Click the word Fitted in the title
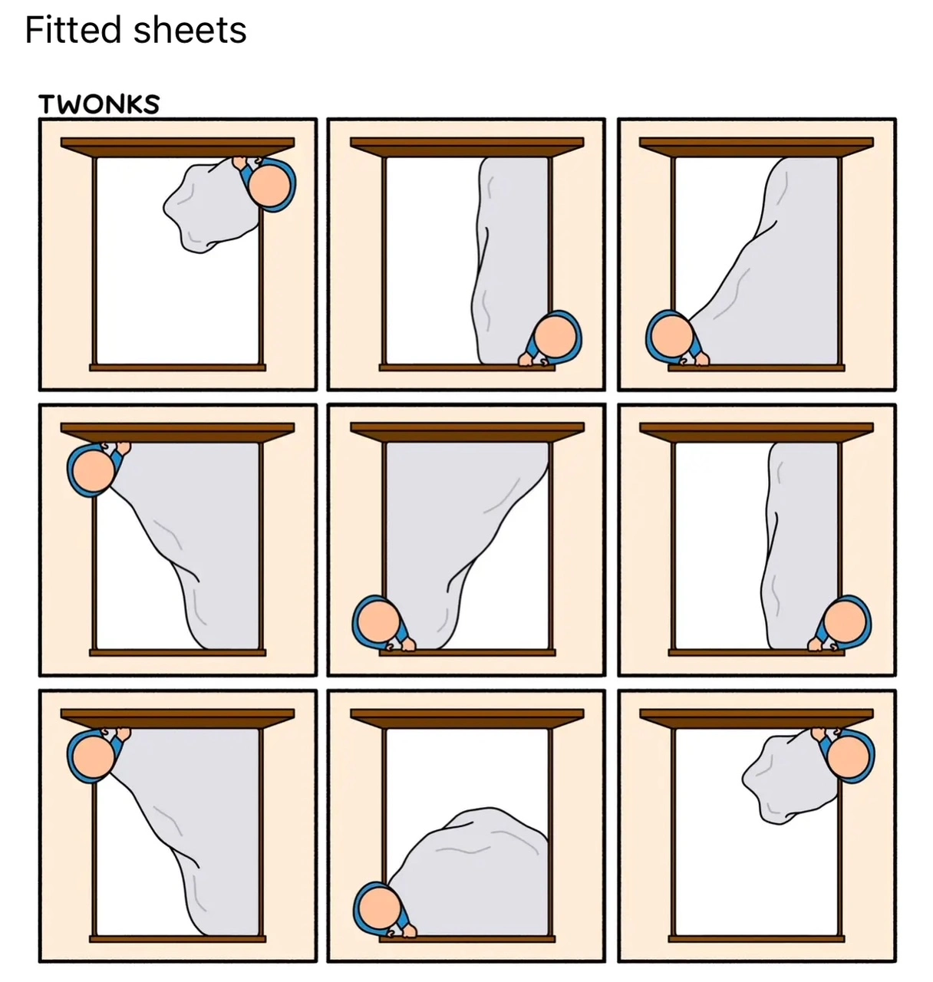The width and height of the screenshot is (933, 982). [74, 29]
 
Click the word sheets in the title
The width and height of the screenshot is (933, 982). [190, 29]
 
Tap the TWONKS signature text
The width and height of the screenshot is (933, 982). [99, 104]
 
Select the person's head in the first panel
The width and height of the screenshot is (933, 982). [269, 186]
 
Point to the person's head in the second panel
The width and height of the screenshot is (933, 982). [555, 337]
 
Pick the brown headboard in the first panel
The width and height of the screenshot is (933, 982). [177, 147]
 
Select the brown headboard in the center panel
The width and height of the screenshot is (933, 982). [467, 432]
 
